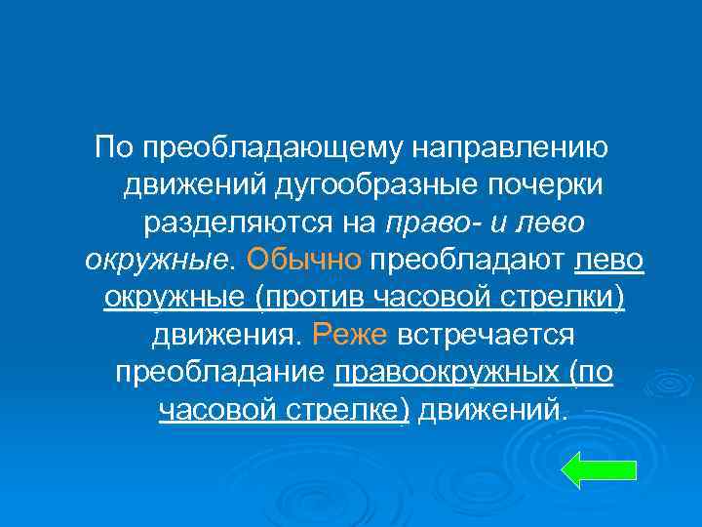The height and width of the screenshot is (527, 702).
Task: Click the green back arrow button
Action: (600, 468)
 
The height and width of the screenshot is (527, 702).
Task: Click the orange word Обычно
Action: (305, 260)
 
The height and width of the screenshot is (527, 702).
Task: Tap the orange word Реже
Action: (350, 335)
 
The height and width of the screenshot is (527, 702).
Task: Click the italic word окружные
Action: (155, 260)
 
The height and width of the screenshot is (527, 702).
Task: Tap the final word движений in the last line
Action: (490, 410)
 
